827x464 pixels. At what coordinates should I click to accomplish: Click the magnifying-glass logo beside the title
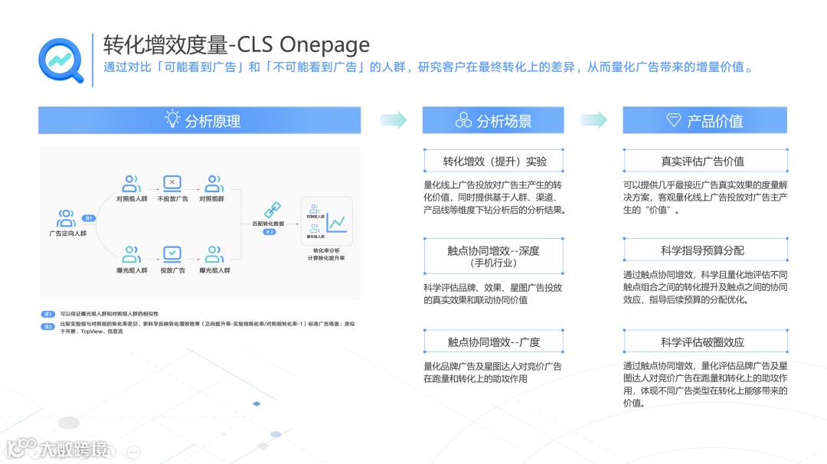pos(61,59)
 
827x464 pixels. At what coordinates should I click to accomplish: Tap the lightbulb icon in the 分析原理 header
pos(173,119)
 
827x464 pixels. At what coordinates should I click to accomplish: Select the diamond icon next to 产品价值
pos(674,120)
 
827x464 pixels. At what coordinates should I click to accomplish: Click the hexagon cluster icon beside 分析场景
pos(463,120)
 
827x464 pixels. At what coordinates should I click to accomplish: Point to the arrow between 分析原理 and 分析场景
pos(394,119)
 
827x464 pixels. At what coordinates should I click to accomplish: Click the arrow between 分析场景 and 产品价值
pos(594,119)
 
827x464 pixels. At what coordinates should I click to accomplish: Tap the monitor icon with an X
pos(172,184)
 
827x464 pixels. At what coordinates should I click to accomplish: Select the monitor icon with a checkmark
pos(172,253)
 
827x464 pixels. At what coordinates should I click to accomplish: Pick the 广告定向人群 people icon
pos(67,218)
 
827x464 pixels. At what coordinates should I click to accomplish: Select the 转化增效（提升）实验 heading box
pos(495,161)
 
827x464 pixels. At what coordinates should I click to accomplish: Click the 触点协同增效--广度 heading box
pos(495,341)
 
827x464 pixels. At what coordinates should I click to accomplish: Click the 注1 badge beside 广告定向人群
pos(88,218)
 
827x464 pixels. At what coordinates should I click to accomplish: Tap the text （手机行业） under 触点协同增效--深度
pos(495,263)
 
